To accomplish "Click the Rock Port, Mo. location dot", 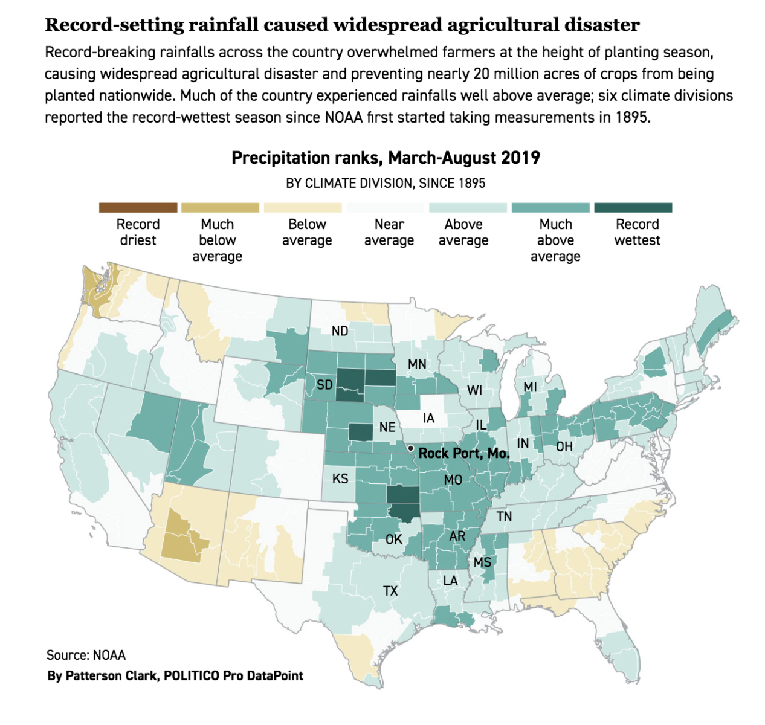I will click(411, 449).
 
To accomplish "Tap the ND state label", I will click(340, 330).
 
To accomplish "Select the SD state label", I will click(324, 385).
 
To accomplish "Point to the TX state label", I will click(390, 591).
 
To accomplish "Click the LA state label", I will click(450, 581).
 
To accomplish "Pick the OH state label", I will click(564, 446).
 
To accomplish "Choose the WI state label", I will click(475, 390).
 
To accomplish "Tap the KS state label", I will click(340, 478).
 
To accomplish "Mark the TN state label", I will click(504, 516).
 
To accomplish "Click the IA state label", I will click(428, 418).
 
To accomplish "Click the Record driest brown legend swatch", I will click(138, 208).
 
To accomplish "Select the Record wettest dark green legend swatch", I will click(633, 208).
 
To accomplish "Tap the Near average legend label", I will click(389, 233).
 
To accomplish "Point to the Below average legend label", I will click(307, 233).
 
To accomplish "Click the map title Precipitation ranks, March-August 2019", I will click(386, 158).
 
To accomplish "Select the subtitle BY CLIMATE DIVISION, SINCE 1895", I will click(386, 184).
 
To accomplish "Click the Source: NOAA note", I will click(86, 655).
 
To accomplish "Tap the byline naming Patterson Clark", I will click(175, 676).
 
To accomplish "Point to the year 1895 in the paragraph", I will click(631, 117).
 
